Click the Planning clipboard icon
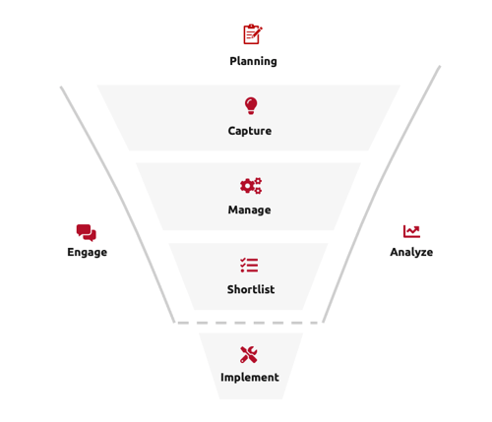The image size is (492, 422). (x=253, y=34)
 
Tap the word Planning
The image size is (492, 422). (x=253, y=61)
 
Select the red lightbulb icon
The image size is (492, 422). (x=251, y=105)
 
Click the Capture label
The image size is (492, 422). (x=250, y=131)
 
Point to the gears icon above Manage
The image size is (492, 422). (x=251, y=186)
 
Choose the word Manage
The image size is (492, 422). (x=250, y=210)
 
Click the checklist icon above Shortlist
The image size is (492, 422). (x=249, y=266)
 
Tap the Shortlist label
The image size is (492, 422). (x=251, y=289)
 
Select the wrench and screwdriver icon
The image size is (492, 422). (x=249, y=354)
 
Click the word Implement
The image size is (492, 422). (x=250, y=378)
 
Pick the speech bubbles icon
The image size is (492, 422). (x=87, y=233)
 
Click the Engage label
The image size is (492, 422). (x=88, y=252)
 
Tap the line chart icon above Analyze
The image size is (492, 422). (x=411, y=231)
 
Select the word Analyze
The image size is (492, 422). (x=411, y=252)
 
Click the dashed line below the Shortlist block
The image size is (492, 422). (x=248, y=323)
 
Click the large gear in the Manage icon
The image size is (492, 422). (x=247, y=186)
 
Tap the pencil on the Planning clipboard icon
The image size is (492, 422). (x=257, y=32)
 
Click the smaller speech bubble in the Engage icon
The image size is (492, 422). (x=92, y=236)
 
